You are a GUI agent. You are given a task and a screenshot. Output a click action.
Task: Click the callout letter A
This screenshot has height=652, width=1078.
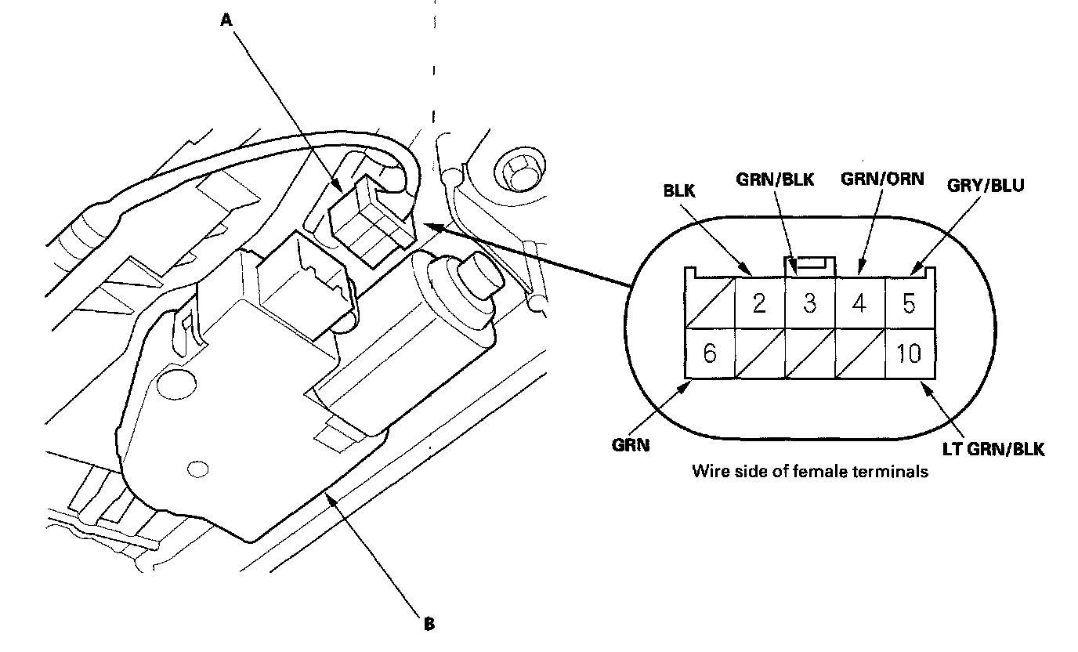coord(226,22)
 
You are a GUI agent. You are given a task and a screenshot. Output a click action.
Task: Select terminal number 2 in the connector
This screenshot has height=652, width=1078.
coord(758,302)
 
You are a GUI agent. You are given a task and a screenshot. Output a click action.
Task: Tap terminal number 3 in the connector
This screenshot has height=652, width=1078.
coord(809,302)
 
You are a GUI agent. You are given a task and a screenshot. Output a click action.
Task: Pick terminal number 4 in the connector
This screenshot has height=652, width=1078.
coord(859,302)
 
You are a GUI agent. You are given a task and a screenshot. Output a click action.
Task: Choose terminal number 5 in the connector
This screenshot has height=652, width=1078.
coord(909,302)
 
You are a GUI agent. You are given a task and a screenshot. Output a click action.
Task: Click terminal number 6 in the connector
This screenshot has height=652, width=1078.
coord(710,353)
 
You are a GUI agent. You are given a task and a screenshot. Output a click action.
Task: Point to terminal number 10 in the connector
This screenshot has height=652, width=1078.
coord(910,353)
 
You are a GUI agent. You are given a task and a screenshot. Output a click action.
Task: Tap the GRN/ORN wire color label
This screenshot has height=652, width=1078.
coord(883,179)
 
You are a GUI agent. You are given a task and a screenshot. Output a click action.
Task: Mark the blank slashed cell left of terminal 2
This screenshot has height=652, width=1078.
coord(710,302)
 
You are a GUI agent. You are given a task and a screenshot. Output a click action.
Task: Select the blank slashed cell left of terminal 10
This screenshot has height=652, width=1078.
coord(859,353)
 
